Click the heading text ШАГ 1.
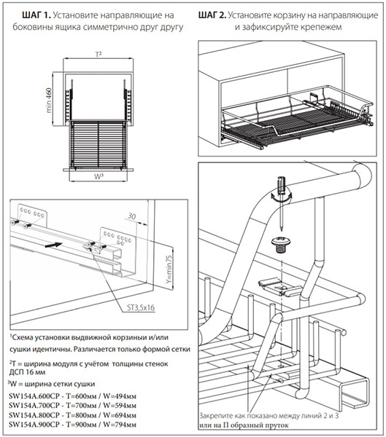(x=36, y=15)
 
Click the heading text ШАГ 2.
(x=212, y=15)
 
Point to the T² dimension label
(x=99, y=55)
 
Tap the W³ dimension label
(x=99, y=176)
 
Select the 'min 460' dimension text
(x=48, y=101)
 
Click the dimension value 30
(x=131, y=216)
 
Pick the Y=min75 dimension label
(x=169, y=269)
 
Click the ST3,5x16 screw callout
(x=141, y=307)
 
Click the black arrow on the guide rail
(x=53, y=245)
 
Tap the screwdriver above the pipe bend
(x=282, y=202)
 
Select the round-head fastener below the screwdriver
(x=281, y=245)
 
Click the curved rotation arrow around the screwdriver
(x=281, y=197)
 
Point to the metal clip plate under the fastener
(x=279, y=287)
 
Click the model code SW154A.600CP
(x=34, y=396)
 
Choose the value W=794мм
(x=120, y=425)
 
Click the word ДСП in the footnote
(x=16, y=372)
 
